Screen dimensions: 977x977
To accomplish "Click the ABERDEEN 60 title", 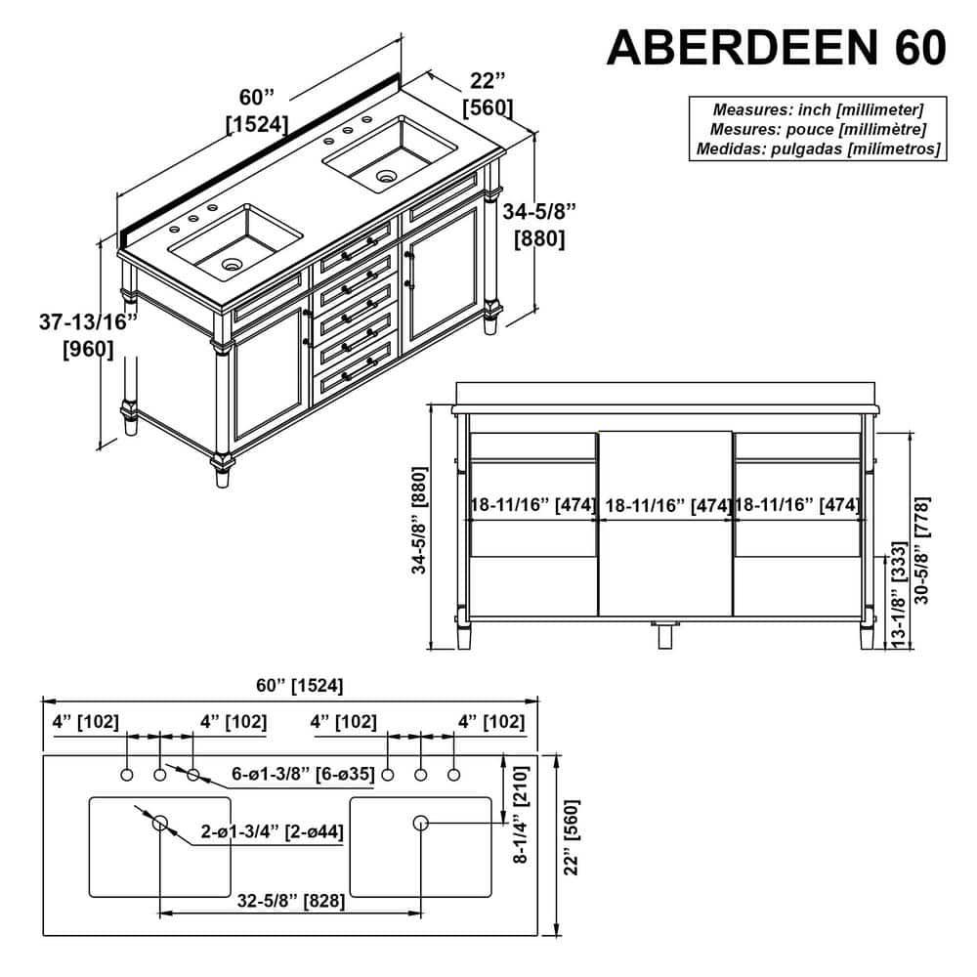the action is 777,47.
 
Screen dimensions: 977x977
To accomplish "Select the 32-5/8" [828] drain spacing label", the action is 290,901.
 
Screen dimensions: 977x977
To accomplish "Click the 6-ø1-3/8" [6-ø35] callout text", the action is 303,774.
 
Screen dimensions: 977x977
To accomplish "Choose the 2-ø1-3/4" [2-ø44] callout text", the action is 273,831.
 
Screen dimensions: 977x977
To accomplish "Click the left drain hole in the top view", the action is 160,823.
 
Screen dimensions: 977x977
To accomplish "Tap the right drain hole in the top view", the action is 420,823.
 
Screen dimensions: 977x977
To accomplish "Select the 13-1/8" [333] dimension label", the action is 897,595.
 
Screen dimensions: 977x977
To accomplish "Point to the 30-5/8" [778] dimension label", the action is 921,550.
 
